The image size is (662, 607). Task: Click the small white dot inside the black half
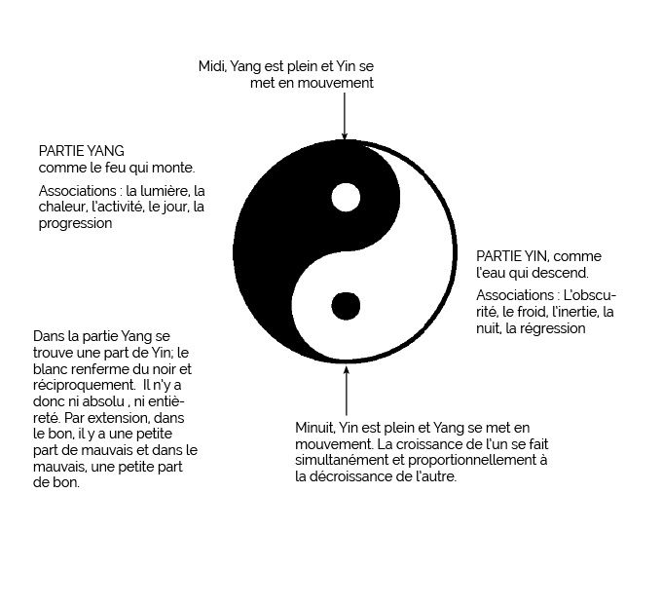[345, 198]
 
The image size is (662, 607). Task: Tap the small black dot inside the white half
[345, 306]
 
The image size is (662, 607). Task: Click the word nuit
[491, 328]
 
